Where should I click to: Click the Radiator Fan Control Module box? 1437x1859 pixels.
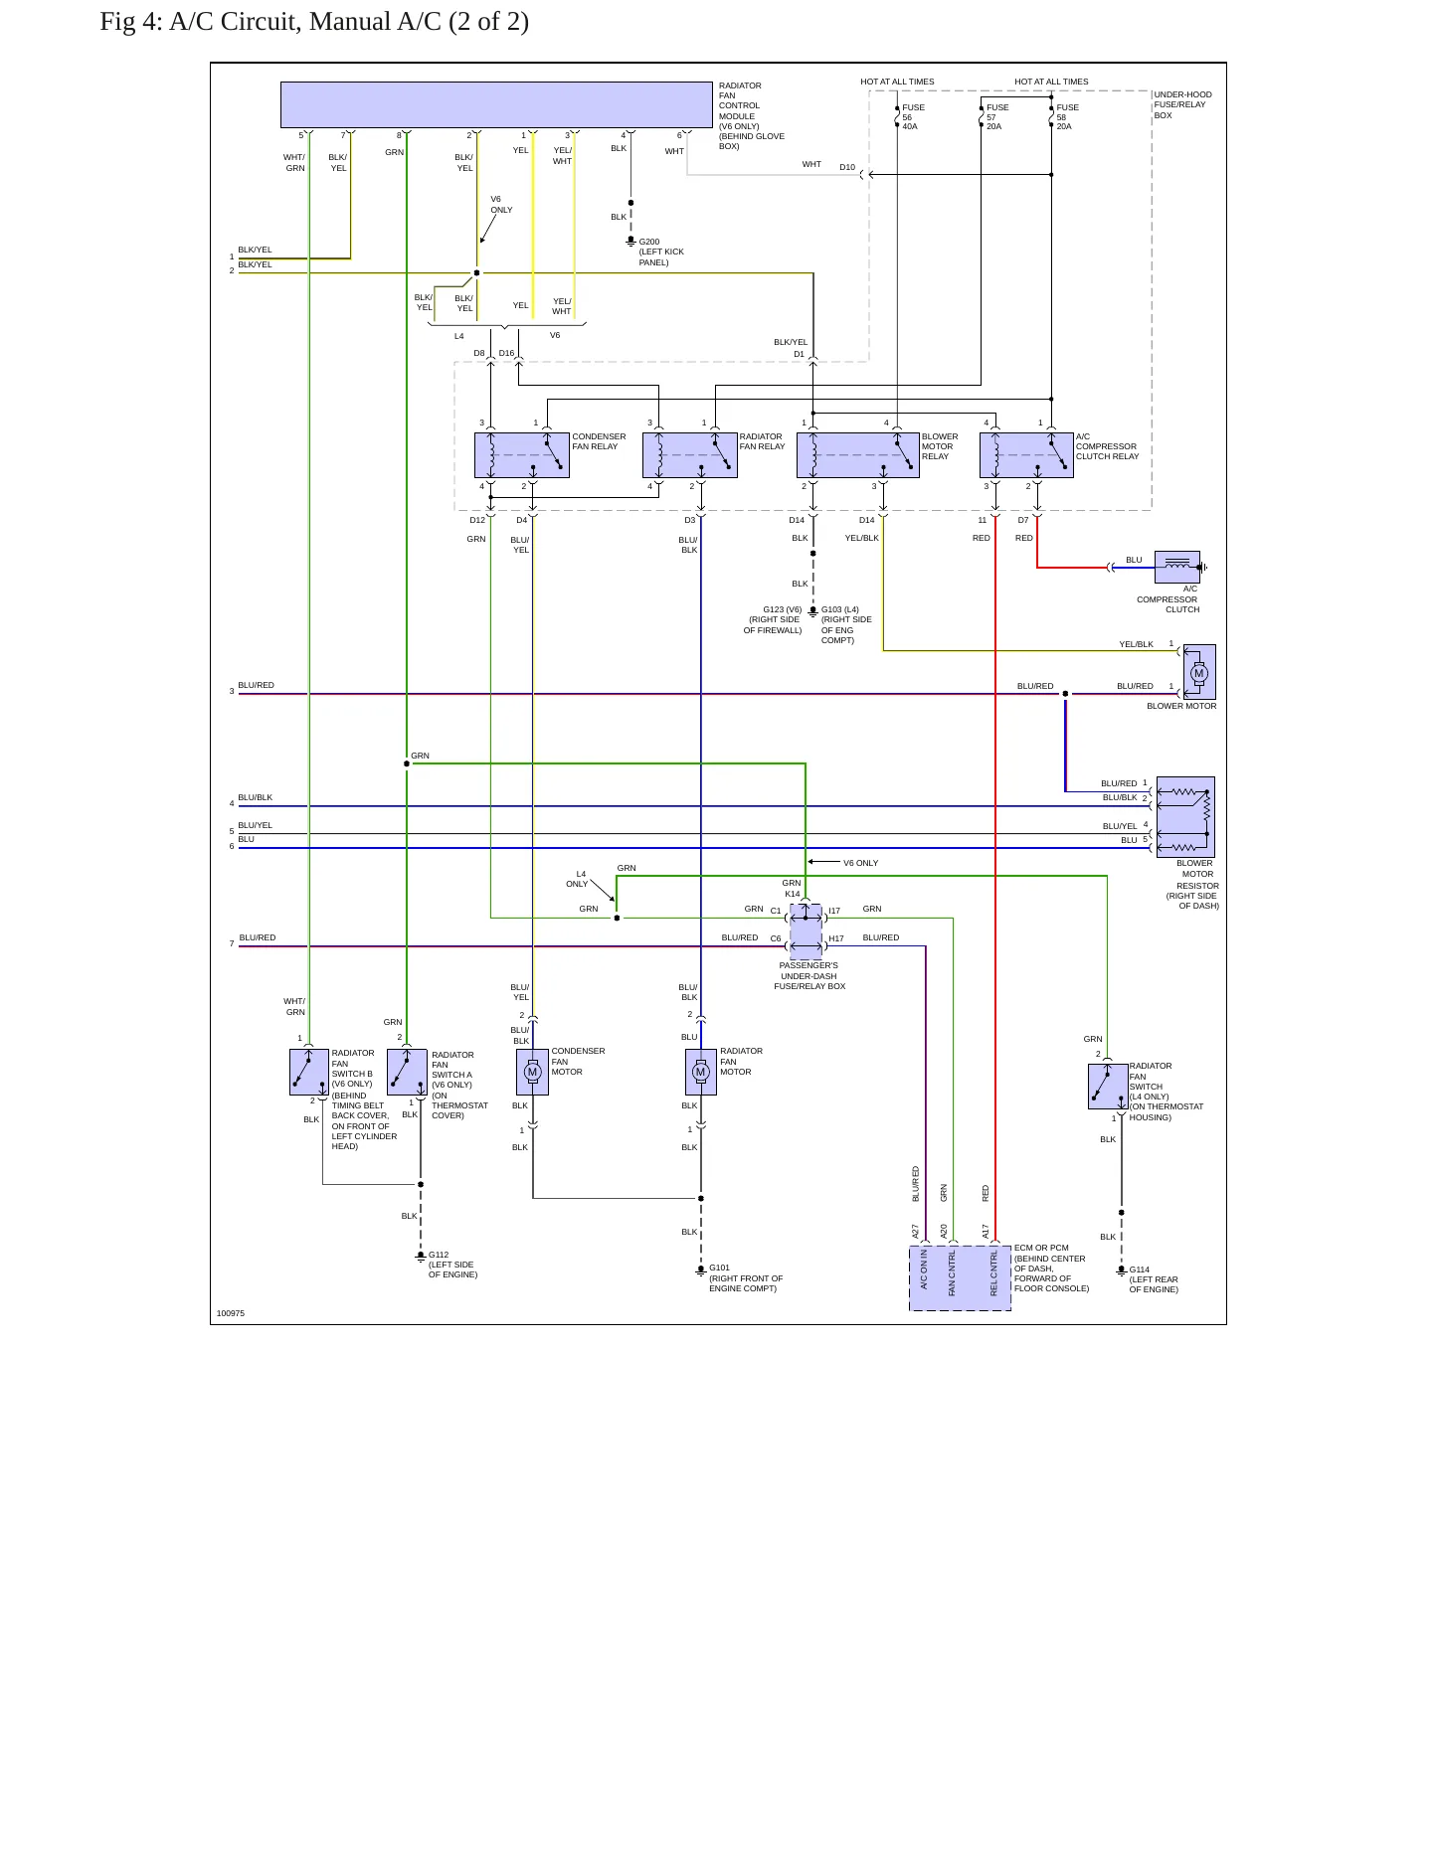(x=496, y=104)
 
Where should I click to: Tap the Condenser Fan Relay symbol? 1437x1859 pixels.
(x=521, y=455)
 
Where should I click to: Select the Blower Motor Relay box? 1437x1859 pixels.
(x=857, y=455)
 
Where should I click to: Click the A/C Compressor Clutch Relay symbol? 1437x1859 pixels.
(x=1026, y=455)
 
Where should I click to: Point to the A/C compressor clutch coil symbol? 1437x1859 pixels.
(x=1177, y=567)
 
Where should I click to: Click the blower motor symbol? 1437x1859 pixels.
(x=1198, y=673)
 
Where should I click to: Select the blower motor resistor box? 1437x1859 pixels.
(x=1185, y=817)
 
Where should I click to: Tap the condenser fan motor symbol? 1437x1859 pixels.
(x=532, y=1072)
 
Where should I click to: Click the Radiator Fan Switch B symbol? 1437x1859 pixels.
(x=308, y=1072)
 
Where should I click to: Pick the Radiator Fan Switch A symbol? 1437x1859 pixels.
(x=407, y=1072)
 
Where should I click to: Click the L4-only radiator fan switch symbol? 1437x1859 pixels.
(x=1108, y=1087)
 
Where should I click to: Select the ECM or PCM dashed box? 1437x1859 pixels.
(x=960, y=1278)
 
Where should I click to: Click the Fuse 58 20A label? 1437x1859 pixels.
(x=1067, y=117)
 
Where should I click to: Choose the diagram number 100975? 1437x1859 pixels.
(x=231, y=1313)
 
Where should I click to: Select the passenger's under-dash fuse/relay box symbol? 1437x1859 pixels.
(x=806, y=928)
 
